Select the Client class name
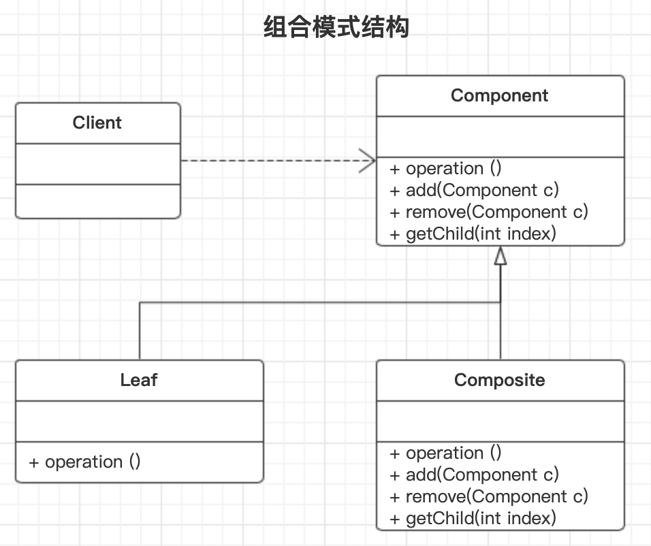(97, 123)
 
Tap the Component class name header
(499, 96)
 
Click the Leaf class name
(139, 380)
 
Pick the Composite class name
(499, 380)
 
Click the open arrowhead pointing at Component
(368, 161)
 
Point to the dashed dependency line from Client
(272, 161)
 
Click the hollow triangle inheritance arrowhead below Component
(501, 256)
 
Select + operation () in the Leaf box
(84, 462)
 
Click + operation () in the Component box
(445, 169)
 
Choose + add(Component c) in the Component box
(474, 191)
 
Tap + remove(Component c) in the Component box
(488, 212)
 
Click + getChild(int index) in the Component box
(473, 234)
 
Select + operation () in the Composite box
(445, 453)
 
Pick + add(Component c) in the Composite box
(474, 475)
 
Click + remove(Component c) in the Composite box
(488, 497)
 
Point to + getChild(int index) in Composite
(473, 519)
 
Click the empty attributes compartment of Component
(500, 137)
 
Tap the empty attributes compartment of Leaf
(139, 421)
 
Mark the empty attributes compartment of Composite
(500, 421)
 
